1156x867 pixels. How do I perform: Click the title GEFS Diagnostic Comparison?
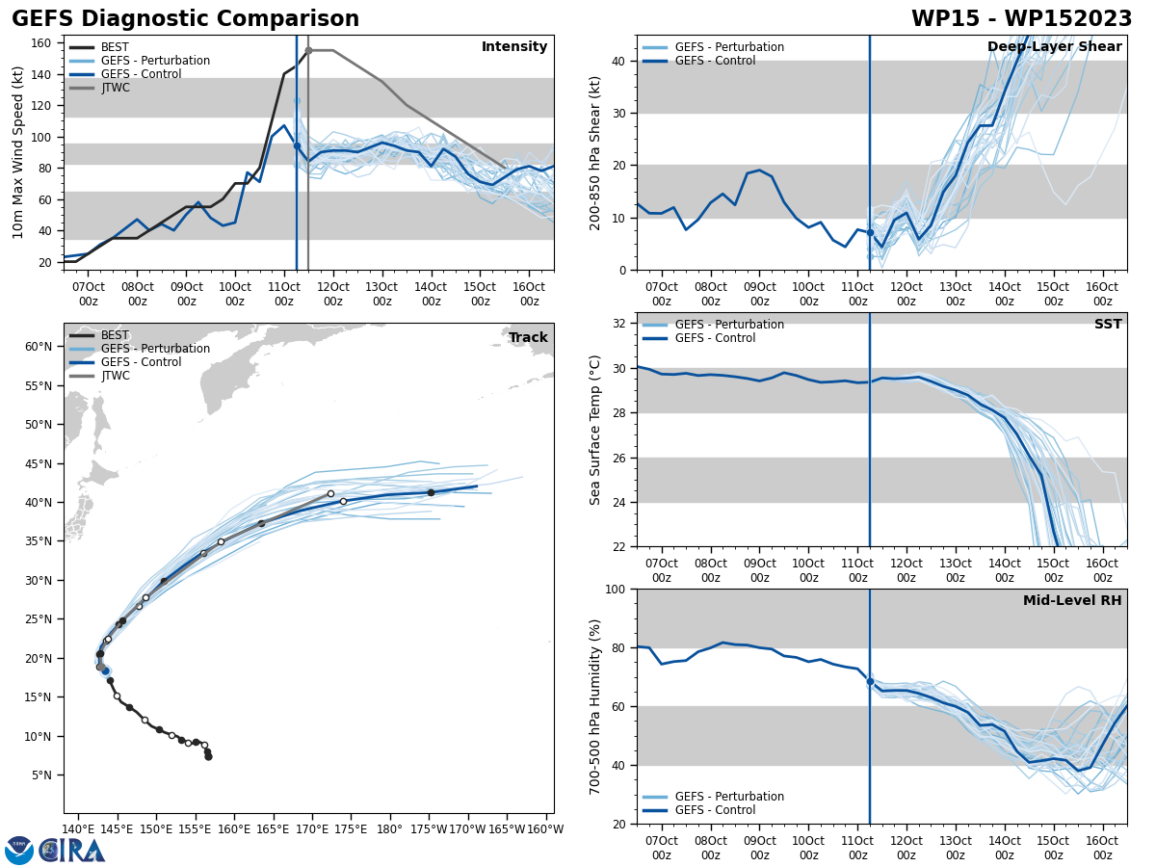[x=185, y=19]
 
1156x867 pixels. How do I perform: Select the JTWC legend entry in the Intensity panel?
[x=115, y=88]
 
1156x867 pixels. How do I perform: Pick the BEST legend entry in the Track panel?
[x=115, y=335]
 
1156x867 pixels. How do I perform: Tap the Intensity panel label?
[x=514, y=47]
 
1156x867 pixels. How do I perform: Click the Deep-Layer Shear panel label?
[x=1054, y=47]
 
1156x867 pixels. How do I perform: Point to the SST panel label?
[x=1108, y=325]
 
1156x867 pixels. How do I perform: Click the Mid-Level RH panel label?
[x=1072, y=601]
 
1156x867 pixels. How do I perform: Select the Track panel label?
[x=528, y=338]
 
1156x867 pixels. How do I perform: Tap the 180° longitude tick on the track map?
[x=389, y=828]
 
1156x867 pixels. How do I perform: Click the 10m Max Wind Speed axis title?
[x=18, y=152]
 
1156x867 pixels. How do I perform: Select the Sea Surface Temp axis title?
[x=595, y=430]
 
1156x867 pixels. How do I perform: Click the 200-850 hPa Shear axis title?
[x=595, y=152]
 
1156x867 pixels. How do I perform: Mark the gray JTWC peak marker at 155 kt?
[x=308, y=50]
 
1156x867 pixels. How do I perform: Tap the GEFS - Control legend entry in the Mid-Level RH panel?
[x=714, y=810]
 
